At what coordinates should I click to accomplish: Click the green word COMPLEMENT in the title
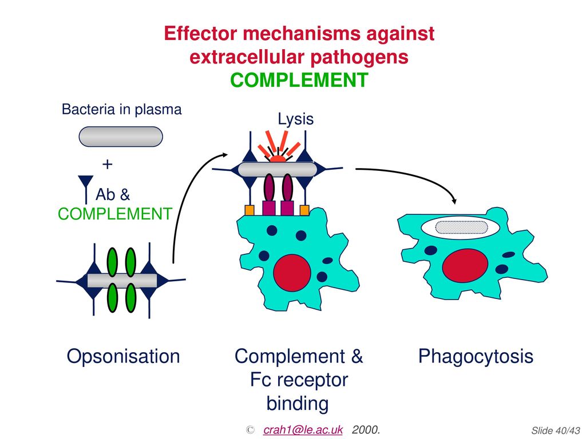pos(299,80)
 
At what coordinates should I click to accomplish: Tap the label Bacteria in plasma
pos(121,109)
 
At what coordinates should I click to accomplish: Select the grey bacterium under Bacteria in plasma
pos(121,137)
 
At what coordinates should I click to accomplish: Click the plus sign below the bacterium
pos(107,164)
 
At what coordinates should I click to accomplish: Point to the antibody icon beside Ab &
pos(86,189)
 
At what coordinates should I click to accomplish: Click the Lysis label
pos(296,119)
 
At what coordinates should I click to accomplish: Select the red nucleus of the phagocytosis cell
pos(465,267)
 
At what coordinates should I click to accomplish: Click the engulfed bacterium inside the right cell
pos(462,228)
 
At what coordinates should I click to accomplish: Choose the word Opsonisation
pos(124,356)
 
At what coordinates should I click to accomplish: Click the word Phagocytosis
pos(476,356)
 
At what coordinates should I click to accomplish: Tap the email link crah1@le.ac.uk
pos(303,430)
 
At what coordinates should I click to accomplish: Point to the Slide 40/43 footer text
pos(556,430)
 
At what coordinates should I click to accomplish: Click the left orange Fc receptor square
pos(250,210)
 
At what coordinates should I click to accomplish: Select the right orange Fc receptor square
pos(304,210)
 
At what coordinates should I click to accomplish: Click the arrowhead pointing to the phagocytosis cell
pos(454,201)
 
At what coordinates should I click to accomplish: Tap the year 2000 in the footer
pos(366,430)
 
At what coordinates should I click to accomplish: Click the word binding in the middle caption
pos(298,404)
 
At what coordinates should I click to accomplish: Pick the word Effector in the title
pos(200,33)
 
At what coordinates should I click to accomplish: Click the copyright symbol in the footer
pos(250,430)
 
